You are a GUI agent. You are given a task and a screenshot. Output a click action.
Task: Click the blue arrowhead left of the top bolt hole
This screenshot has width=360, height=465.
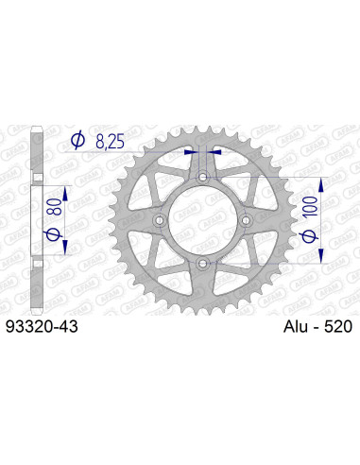(x=192, y=148)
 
